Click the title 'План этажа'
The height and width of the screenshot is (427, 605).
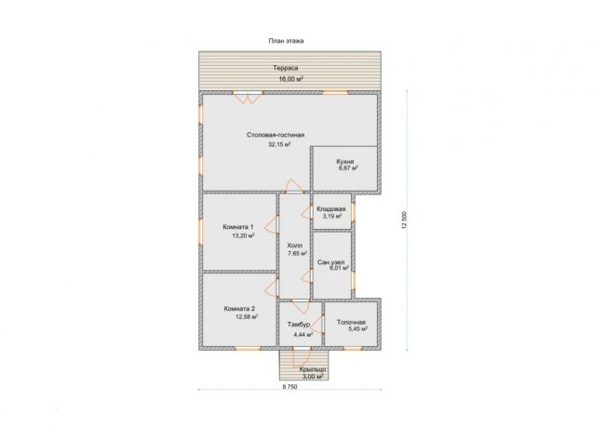[286, 41]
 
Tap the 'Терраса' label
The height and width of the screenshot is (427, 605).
[286, 68]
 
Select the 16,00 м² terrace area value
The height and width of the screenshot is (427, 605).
[290, 79]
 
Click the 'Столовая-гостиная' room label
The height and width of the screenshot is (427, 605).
[276, 135]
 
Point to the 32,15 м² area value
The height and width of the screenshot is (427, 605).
[279, 144]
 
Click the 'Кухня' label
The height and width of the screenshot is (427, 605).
[345, 162]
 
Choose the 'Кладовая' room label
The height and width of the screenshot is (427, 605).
[331, 208]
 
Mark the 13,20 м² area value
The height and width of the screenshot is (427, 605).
[243, 235]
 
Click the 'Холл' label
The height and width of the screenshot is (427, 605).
[295, 246]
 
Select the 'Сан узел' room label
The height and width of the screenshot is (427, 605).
[331, 262]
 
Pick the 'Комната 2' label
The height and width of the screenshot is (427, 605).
[239, 309]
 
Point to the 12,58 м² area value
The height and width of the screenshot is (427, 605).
[247, 316]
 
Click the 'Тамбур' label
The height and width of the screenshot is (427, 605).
[299, 325]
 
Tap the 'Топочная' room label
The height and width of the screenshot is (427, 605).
[351, 322]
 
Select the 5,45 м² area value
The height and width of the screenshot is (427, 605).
[357, 329]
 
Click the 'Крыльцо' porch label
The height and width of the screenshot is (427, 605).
[313, 369]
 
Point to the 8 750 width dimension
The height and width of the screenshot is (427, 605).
[290, 387]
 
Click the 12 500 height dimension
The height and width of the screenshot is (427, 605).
[404, 220]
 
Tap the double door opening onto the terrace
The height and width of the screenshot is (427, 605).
[248, 97]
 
